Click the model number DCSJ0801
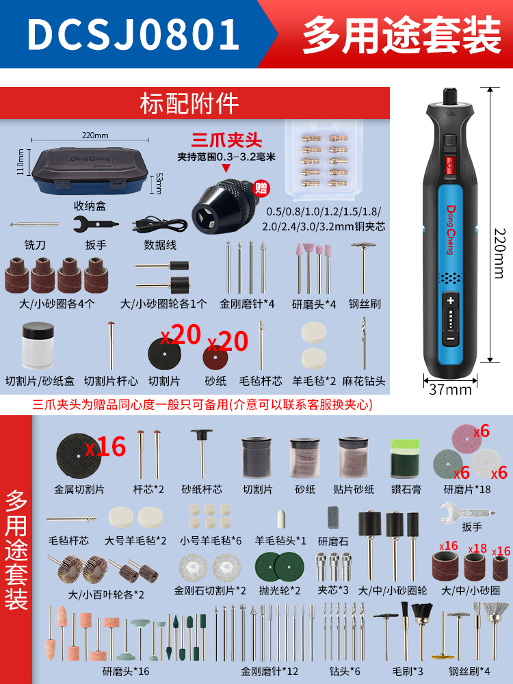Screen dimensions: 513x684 point(133,35)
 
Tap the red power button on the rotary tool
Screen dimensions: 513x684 point(450,165)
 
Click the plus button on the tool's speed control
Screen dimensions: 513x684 point(451,300)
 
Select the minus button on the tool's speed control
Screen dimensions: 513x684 point(451,338)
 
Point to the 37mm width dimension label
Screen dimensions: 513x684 point(450,389)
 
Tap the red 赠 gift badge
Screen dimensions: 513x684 point(261,189)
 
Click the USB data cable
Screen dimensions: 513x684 point(159,224)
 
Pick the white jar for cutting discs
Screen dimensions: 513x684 point(38,345)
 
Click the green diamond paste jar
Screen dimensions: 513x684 point(405,459)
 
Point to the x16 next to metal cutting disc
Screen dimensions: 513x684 point(105,447)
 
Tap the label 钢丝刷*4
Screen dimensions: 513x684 point(469,671)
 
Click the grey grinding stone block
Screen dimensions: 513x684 point(334,517)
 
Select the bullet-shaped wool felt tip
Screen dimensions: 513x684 point(281,518)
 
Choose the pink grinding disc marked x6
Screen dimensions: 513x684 point(468,440)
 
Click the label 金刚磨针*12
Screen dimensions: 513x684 point(269,671)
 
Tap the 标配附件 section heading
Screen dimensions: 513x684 point(189,104)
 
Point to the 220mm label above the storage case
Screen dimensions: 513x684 point(95,135)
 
